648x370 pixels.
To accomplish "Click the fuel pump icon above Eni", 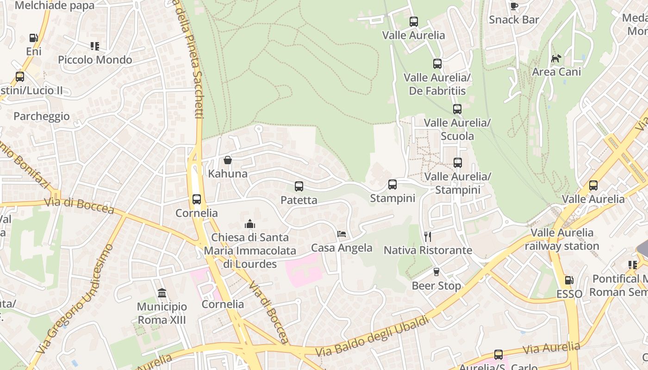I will point(33,38).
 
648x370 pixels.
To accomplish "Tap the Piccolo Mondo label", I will point(95,60).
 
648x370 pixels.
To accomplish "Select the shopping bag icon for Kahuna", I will point(227,160).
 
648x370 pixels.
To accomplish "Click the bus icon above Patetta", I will point(299,186).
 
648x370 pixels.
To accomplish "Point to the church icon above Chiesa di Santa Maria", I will point(250,224).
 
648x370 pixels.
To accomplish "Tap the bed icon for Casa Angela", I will point(342,234).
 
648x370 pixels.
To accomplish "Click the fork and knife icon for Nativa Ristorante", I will point(428,237).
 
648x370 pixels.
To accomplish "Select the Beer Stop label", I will point(436,286).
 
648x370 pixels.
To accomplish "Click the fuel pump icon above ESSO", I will point(569,280).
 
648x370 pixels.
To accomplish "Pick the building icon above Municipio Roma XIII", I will point(162,293).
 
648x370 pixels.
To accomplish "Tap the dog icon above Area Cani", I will point(556,58).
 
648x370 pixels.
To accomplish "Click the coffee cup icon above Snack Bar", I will point(514,6).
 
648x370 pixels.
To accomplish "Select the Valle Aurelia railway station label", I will point(562,239).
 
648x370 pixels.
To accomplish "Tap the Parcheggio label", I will point(42,116).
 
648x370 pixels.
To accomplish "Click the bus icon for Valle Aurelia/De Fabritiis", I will point(437,64).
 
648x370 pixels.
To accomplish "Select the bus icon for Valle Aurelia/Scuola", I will point(457,109).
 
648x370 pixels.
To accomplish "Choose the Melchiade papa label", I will point(55,6).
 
